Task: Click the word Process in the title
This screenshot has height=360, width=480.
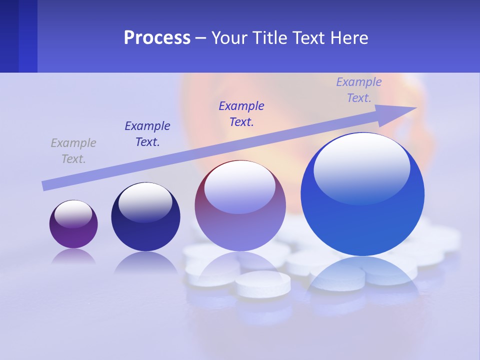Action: click(x=157, y=38)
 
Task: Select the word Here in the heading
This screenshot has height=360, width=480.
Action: click(x=348, y=38)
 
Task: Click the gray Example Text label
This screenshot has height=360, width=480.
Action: click(x=73, y=151)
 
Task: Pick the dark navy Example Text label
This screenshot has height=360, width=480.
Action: click(x=147, y=134)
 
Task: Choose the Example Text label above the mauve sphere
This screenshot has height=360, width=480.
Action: click(x=241, y=114)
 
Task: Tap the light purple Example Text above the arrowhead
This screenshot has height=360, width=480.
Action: click(x=359, y=90)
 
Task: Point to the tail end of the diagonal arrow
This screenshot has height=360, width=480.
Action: click(x=45, y=185)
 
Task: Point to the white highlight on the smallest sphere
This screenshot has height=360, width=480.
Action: click(x=73, y=213)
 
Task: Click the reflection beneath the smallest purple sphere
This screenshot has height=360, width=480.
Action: click(x=73, y=257)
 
